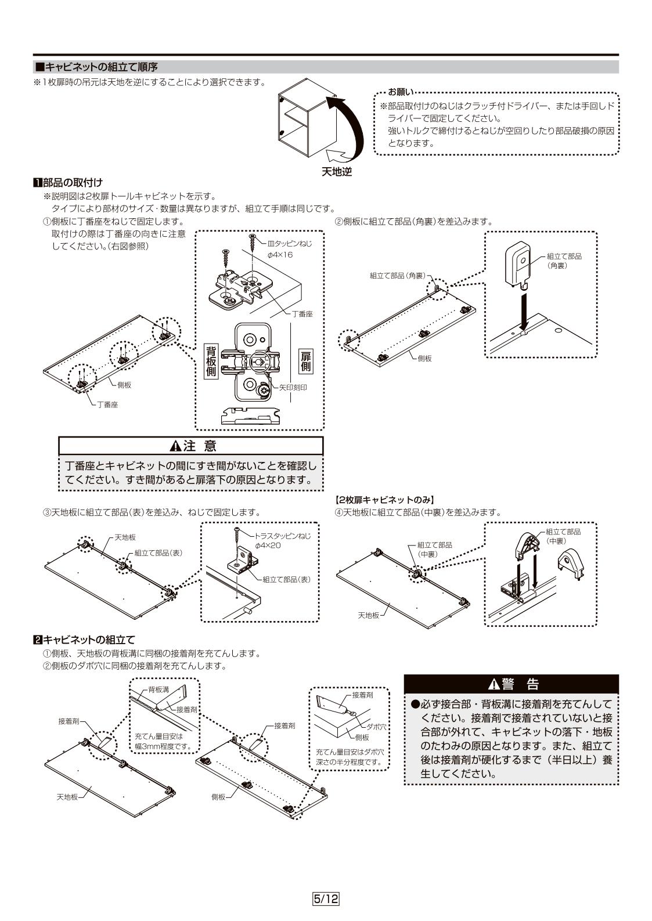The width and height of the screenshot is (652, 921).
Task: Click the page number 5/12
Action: (326, 899)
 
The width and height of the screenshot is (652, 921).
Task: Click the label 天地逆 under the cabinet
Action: (337, 172)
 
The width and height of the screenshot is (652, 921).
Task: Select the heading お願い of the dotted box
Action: (401, 92)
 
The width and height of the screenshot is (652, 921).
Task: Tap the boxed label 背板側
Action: (211, 361)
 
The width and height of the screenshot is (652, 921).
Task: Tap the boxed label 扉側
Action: (306, 361)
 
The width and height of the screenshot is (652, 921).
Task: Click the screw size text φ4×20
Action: (268, 546)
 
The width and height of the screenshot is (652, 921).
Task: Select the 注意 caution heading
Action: (192, 446)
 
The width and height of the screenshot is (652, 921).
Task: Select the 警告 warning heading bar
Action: (511, 684)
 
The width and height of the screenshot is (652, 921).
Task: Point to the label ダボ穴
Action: (376, 727)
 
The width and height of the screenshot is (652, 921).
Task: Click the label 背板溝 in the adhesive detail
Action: (158, 689)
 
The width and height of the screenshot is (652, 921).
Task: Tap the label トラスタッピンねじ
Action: (283, 536)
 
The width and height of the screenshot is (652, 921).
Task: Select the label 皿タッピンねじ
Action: (289, 244)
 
